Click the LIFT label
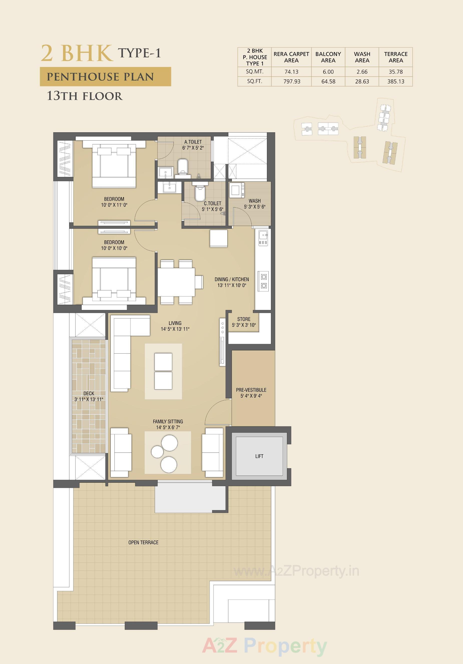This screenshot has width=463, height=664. (x=259, y=456)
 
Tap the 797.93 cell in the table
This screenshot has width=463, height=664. (x=292, y=81)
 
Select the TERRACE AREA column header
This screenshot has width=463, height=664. (x=396, y=57)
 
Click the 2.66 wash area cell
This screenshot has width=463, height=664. (x=362, y=72)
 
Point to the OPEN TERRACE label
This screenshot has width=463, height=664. (x=143, y=542)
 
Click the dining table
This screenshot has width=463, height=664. (x=176, y=282)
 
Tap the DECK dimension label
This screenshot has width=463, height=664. (x=89, y=399)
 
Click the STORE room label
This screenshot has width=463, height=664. (x=244, y=319)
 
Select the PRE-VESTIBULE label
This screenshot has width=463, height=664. (x=251, y=390)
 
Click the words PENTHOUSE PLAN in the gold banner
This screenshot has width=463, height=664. (x=100, y=77)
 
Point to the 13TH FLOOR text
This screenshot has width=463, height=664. (x=85, y=96)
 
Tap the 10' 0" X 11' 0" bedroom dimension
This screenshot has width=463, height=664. (x=114, y=205)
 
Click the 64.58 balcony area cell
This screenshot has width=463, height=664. (x=328, y=81)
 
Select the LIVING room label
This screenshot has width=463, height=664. (x=175, y=323)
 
